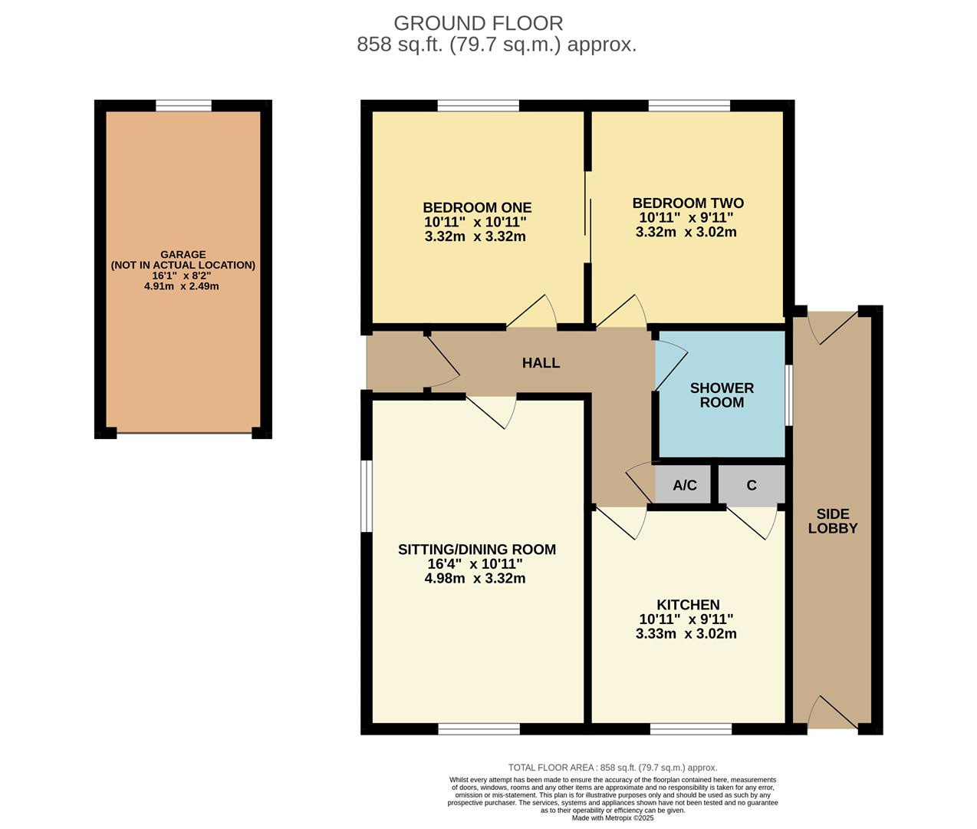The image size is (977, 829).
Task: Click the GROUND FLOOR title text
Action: pyautogui.click(x=478, y=23)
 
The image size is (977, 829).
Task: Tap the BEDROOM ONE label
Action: pyautogui.click(x=476, y=207)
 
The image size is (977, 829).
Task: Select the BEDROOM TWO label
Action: pyautogui.click(x=687, y=203)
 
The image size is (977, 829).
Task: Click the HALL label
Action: pyautogui.click(x=541, y=363)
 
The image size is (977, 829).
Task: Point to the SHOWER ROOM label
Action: pyautogui.click(x=721, y=395)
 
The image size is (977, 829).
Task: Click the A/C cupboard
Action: pyautogui.click(x=684, y=485)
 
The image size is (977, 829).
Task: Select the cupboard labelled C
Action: pyautogui.click(x=752, y=485)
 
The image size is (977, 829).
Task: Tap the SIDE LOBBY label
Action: pyautogui.click(x=832, y=521)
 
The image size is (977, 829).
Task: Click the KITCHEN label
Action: pyautogui.click(x=688, y=605)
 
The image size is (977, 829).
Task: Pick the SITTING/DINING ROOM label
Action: pyautogui.click(x=476, y=550)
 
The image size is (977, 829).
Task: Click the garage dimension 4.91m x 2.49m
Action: pyautogui.click(x=182, y=286)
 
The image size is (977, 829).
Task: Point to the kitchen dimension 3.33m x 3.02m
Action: pyautogui.click(x=686, y=634)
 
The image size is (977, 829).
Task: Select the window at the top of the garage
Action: pyautogui.click(x=183, y=106)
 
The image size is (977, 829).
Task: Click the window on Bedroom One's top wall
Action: pyautogui.click(x=478, y=106)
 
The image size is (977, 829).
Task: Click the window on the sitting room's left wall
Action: pyautogui.click(x=367, y=496)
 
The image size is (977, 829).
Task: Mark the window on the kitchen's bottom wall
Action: pyautogui.click(x=690, y=728)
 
